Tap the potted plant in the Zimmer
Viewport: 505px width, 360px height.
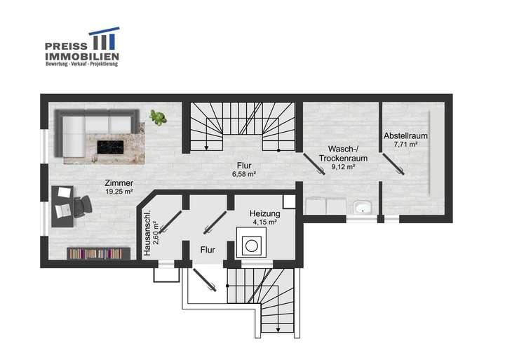[x=158, y=116]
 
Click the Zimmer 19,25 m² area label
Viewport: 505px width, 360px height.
[x=119, y=187]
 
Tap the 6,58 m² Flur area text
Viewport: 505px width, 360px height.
[x=244, y=173]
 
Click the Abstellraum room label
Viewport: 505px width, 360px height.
[x=405, y=135]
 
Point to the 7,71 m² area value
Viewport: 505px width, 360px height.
[x=405, y=145]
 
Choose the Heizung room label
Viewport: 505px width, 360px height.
[x=265, y=213]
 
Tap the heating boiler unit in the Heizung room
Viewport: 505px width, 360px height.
[x=251, y=246]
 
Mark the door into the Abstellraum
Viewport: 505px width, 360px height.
[x=393, y=162]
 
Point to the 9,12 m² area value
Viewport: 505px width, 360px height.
[x=343, y=167]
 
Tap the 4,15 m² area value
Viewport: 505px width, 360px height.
[x=265, y=222]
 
